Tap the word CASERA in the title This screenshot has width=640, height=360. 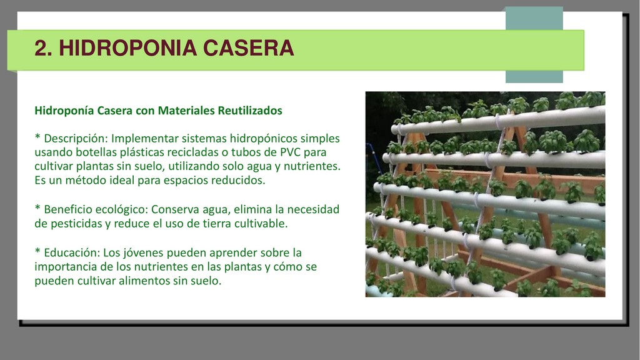pos(248,48)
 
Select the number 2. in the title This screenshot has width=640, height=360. pos(43,48)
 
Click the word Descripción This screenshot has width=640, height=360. pos(76,139)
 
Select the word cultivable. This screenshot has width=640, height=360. pos(261,224)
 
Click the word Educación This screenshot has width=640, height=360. pos(72,252)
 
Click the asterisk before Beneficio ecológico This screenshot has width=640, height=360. pos(37,208)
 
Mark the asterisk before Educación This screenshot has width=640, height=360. pos(37,251)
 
